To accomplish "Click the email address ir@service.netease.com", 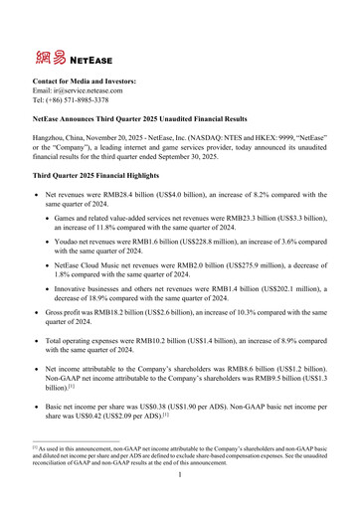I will [93, 89].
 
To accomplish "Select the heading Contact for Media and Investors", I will [85, 80].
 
